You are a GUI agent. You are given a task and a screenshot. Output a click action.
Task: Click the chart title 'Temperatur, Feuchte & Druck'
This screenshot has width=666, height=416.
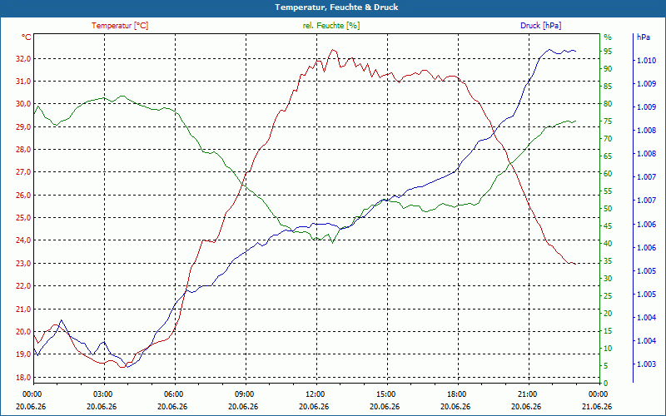click(336, 7)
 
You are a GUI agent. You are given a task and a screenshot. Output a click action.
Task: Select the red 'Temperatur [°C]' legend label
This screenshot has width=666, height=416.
click(120, 26)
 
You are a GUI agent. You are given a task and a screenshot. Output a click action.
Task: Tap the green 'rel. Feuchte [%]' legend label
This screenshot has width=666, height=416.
click(331, 26)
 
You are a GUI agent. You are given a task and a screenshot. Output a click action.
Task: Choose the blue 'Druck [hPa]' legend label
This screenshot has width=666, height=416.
click(540, 26)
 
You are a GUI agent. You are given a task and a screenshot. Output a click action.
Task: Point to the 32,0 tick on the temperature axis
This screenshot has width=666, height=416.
click(23, 58)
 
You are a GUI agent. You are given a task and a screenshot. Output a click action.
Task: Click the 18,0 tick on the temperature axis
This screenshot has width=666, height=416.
click(23, 378)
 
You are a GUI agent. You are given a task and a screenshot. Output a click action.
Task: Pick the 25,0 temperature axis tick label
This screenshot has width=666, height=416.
click(23, 218)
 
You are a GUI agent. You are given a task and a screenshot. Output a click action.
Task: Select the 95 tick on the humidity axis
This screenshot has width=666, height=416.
click(608, 52)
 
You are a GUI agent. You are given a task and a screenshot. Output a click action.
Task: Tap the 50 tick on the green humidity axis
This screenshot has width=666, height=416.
click(608, 209)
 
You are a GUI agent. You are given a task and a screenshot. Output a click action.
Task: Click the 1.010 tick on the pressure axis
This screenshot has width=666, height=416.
click(646, 61)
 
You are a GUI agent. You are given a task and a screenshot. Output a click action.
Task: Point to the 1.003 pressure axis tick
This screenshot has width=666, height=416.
click(646, 364)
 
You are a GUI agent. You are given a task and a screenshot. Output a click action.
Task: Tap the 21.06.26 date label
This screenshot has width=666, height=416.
click(598, 406)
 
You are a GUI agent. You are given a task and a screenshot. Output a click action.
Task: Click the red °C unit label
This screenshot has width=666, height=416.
click(27, 37)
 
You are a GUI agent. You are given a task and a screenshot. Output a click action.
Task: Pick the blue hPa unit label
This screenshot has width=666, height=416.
click(644, 37)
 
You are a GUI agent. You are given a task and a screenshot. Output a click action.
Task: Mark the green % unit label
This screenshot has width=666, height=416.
click(608, 37)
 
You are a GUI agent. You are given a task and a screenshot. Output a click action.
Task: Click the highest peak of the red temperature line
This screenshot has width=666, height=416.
click(332, 49)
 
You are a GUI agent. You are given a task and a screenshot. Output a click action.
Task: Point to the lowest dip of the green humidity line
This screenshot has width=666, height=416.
click(332, 243)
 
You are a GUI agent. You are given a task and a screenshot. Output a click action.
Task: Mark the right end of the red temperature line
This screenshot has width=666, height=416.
click(575, 264)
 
